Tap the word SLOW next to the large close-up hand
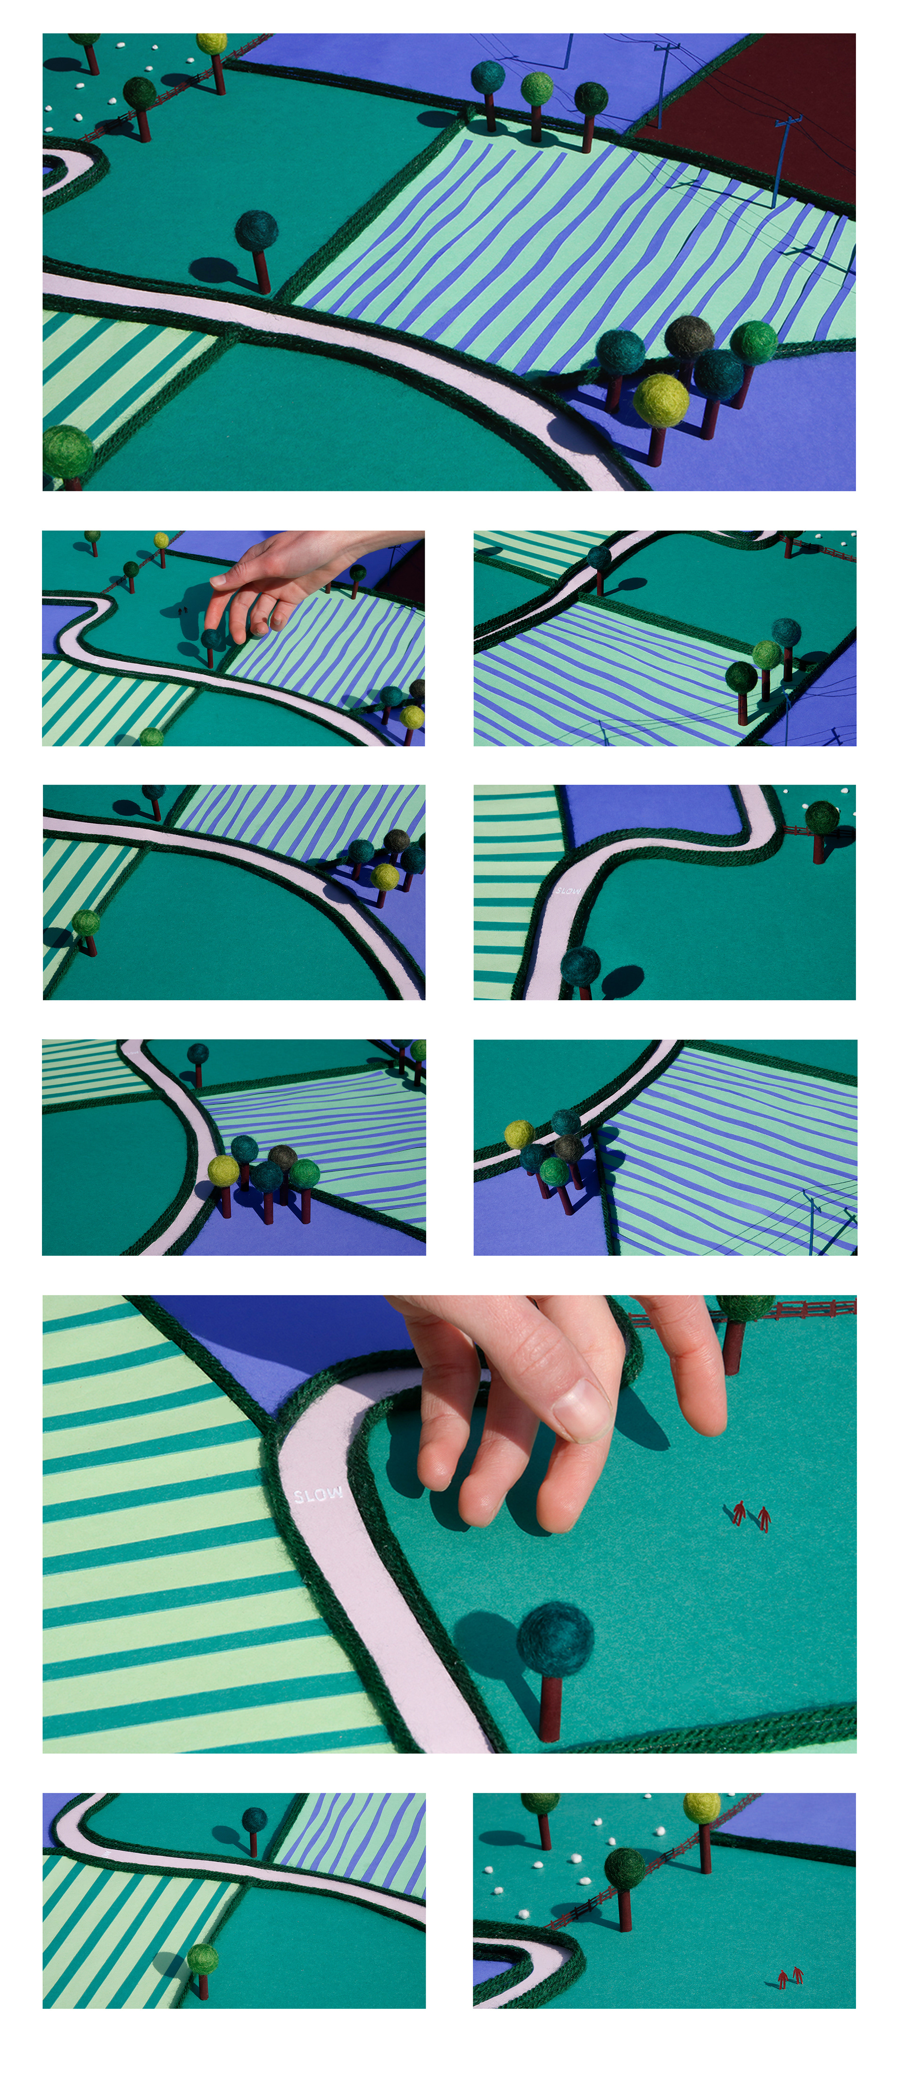point(319,1495)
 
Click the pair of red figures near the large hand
point(752,1515)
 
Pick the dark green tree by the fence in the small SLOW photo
point(822,829)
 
